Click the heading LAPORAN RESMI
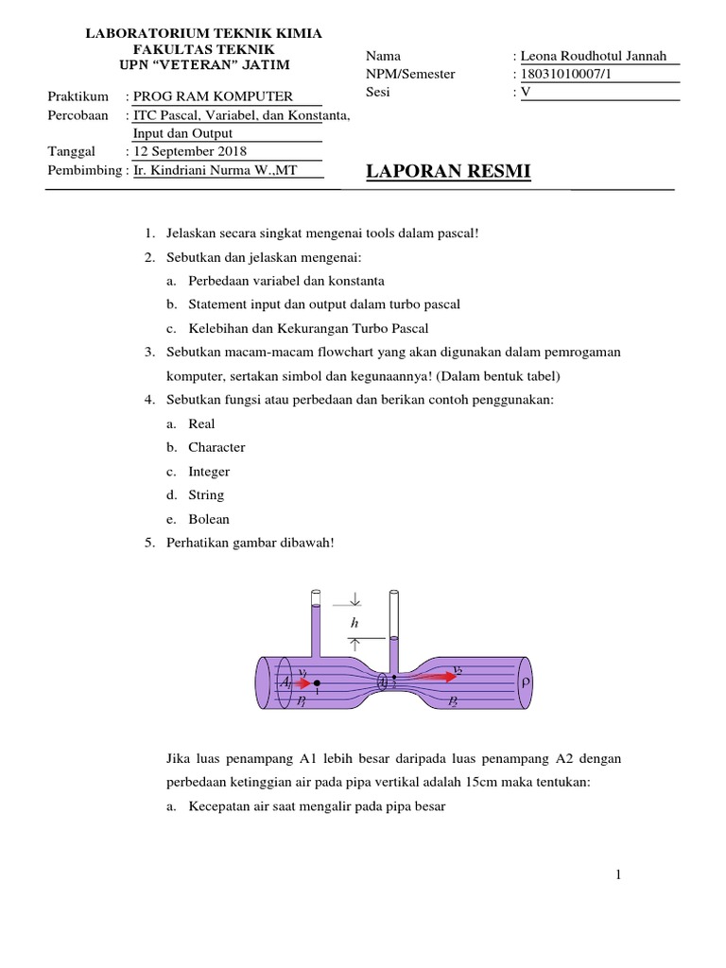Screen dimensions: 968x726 click(448, 171)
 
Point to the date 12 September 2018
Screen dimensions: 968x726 click(189, 151)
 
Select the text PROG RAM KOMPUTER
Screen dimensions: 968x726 click(213, 96)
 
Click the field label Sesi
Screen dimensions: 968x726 click(376, 92)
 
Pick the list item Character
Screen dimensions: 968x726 click(216, 447)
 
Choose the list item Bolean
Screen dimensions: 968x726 click(209, 519)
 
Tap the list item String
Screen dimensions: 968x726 click(206, 495)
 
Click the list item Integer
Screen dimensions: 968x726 click(209, 472)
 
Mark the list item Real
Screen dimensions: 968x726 click(201, 423)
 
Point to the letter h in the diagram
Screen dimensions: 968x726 click(354, 622)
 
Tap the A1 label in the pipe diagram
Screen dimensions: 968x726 click(285, 681)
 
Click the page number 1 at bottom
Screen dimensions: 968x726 click(618, 875)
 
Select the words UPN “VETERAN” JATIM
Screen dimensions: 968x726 click(204, 64)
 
